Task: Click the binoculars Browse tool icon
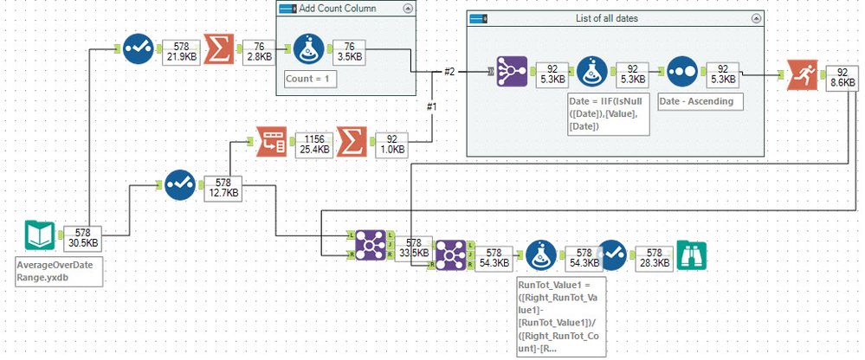pos(694,254)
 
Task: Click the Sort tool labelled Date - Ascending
pos(681,73)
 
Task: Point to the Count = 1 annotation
pos(311,79)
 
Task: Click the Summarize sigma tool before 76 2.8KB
pos(217,51)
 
